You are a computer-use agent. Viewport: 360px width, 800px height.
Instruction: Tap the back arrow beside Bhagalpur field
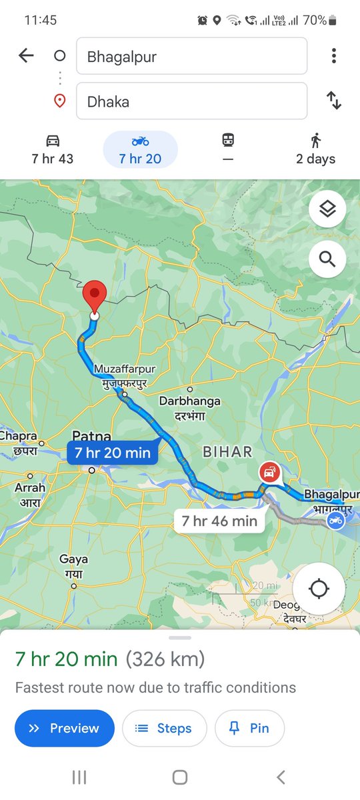point(26,56)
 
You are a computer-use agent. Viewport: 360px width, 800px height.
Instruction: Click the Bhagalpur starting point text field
point(191,56)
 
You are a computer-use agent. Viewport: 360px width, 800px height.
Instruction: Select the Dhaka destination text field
point(191,101)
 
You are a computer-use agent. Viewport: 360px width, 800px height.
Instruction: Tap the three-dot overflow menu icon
point(334,56)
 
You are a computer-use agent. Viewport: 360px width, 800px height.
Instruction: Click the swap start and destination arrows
point(334,101)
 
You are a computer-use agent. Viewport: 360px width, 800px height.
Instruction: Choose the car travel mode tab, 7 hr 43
point(53,149)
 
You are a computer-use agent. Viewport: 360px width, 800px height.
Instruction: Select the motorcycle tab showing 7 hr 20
point(140,149)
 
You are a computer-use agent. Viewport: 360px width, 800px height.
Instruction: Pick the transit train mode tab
point(228,149)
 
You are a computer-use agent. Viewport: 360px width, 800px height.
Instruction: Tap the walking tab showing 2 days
point(315,149)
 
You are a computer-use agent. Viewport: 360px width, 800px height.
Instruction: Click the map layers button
point(327,210)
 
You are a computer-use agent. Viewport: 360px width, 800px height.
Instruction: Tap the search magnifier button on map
point(327,259)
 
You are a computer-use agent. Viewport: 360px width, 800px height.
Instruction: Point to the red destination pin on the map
point(95,297)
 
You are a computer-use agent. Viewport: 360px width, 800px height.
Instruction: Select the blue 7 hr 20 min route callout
point(112,453)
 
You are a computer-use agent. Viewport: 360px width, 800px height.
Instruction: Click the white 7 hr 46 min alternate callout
point(219,521)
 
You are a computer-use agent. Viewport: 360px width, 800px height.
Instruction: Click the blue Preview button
point(65,728)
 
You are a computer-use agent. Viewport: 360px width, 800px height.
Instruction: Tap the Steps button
point(164,728)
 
